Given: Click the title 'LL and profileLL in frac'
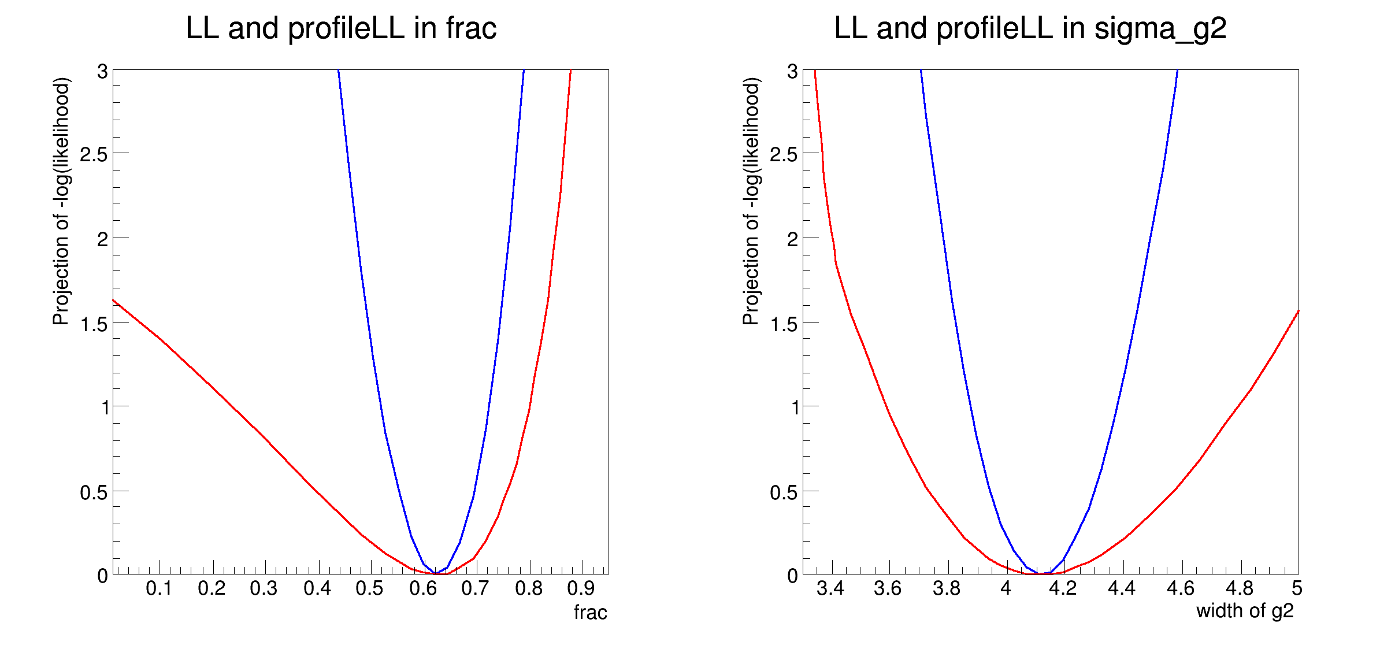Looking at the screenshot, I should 341,29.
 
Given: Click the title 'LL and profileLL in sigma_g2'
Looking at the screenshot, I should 1030,29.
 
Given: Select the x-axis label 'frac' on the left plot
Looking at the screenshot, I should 590,612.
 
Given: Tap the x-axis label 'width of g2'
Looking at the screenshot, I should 1244,611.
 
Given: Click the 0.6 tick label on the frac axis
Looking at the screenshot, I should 422,588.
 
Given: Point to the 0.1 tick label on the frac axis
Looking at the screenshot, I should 159,588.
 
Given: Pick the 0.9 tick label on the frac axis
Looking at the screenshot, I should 581,588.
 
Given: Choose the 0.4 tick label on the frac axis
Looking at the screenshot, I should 317,588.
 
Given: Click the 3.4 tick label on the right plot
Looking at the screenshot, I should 830,588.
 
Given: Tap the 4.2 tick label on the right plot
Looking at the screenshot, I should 1063,588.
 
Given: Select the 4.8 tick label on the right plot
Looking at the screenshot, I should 1239,588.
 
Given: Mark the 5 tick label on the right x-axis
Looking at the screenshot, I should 1297,588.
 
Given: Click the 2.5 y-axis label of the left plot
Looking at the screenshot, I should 94,154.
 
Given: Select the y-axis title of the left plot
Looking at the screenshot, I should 61,201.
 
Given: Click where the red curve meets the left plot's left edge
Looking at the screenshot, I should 114,301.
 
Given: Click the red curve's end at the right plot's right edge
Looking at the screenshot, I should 1298,312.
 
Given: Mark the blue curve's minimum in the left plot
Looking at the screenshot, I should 436,573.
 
